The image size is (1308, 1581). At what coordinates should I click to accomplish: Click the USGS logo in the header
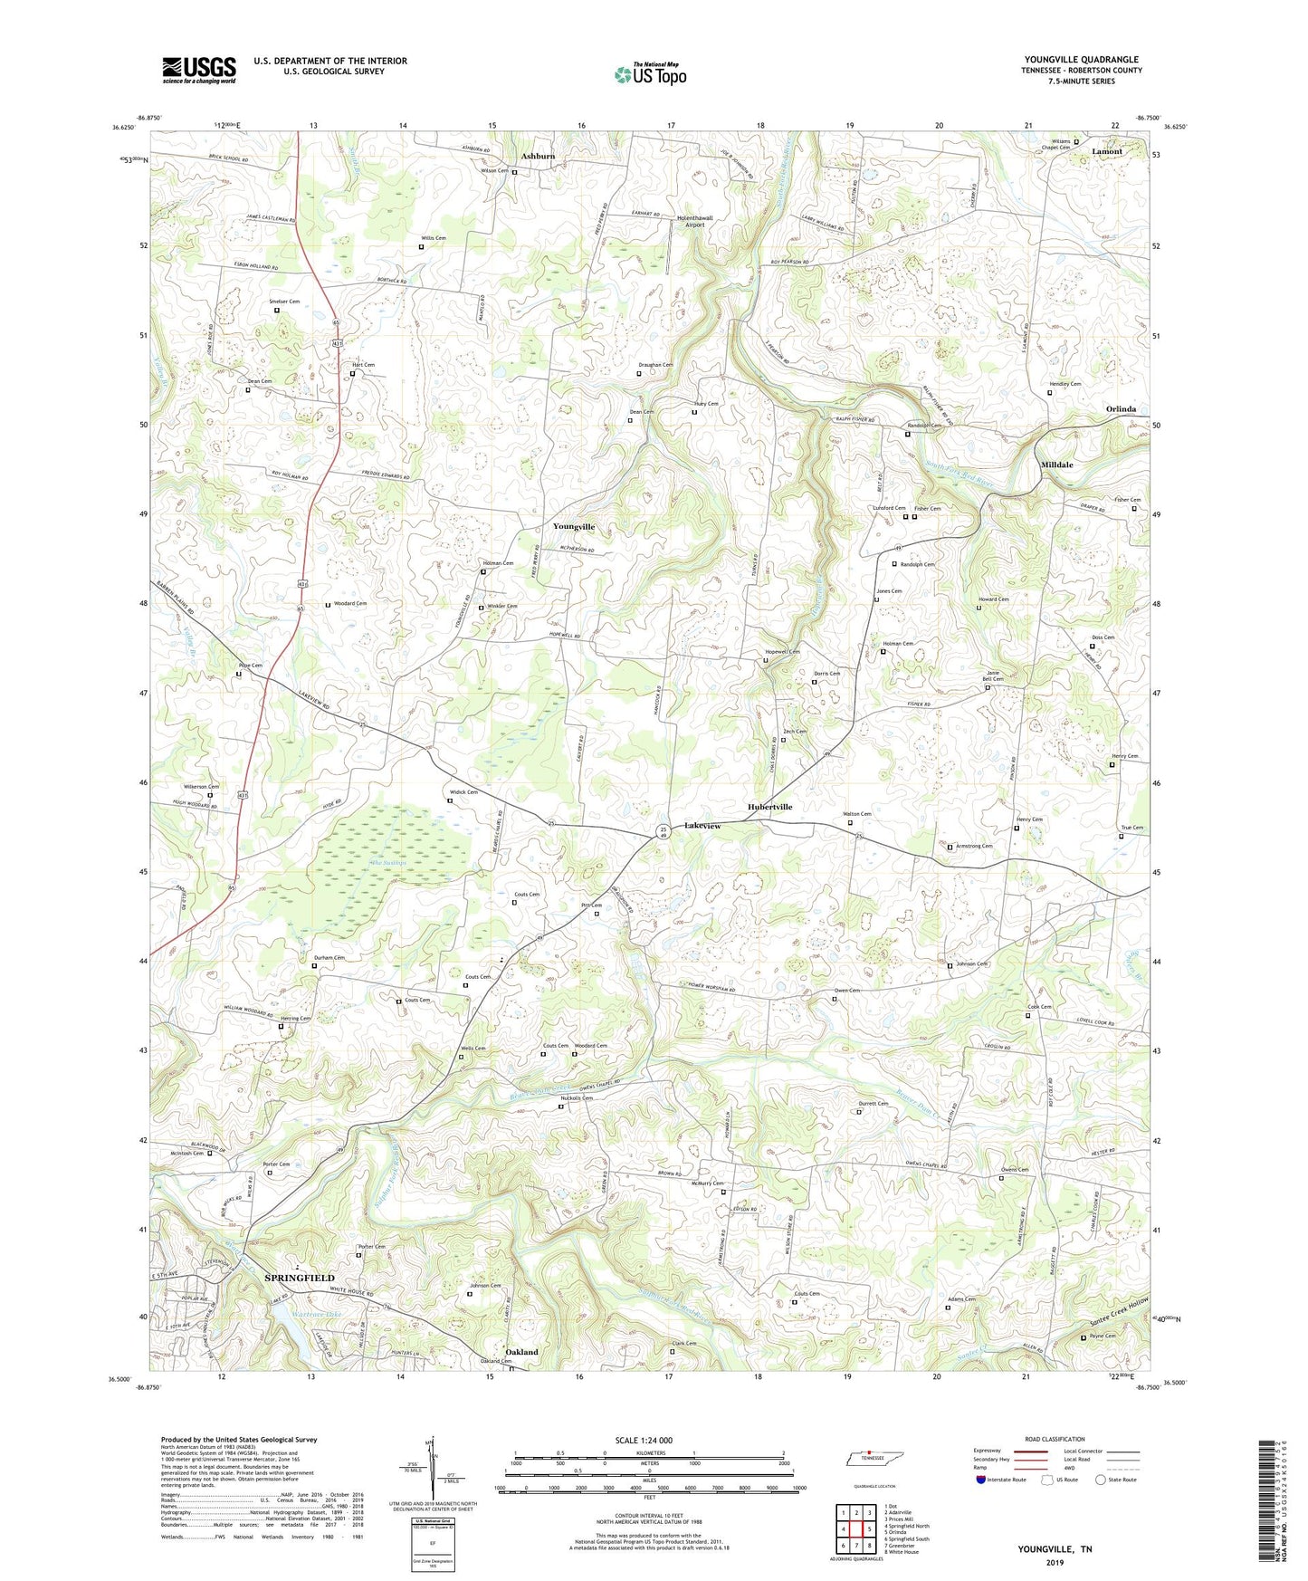[x=198, y=70]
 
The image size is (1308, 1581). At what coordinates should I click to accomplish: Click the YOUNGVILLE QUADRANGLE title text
[x=1081, y=59]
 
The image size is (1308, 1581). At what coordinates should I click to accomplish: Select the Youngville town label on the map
[x=574, y=526]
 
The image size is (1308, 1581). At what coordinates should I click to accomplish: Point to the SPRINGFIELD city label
[x=300, y=1278]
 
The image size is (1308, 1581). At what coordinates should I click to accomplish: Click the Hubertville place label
[x=769, y=807]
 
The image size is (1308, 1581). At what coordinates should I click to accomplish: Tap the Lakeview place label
[x=702, y=826]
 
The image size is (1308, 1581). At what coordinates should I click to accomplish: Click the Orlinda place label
[x=1121, y=409]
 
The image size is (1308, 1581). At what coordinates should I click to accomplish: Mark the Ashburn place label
[x=538, y=156]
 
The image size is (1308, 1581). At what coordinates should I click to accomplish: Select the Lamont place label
[x=1106, y=151]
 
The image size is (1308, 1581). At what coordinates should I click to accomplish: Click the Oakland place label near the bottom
[x=521, y=1352]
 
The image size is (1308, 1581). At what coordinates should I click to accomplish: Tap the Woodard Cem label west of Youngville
[x=350, y=603]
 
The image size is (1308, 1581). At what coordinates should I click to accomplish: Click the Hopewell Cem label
[x=783, y=652]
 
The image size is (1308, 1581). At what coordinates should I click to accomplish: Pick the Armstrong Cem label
[x=974, y=846]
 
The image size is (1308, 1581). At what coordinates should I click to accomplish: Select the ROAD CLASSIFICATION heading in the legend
[x=1054, y=1439]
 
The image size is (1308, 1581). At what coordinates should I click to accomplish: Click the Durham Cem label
[x=329, y=957]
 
